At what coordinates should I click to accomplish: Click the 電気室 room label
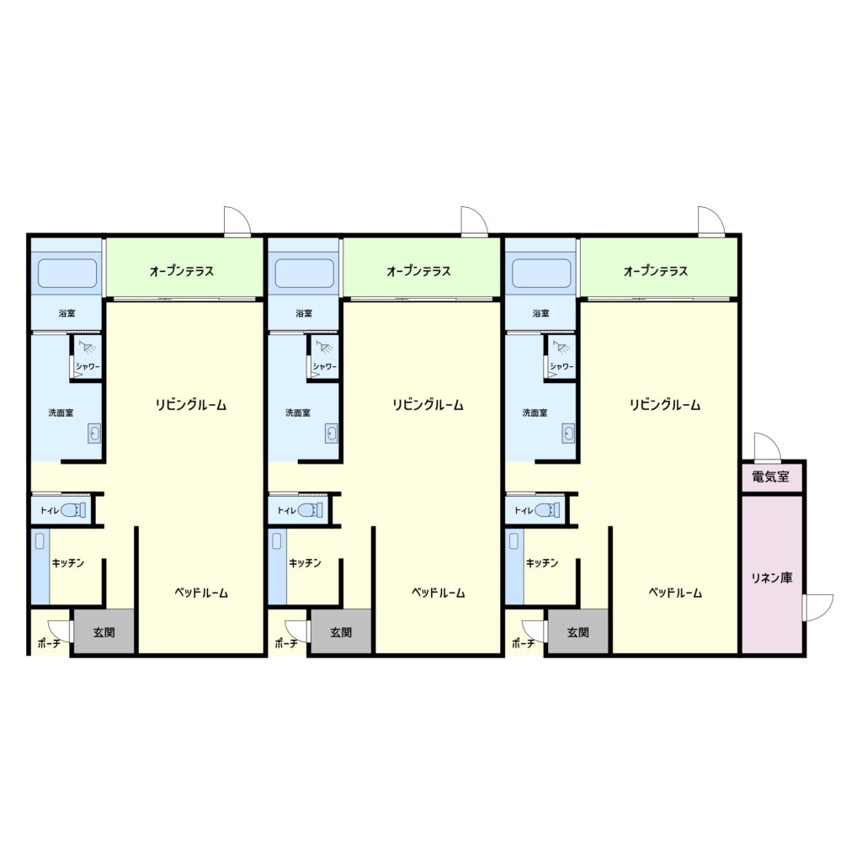770,476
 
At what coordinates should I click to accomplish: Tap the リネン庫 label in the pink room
772,577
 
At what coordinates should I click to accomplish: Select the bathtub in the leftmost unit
67,274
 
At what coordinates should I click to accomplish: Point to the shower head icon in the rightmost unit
561,347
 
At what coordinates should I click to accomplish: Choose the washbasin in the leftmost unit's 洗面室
94,434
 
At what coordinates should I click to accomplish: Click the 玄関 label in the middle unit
341,632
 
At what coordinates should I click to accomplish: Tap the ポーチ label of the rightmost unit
523,643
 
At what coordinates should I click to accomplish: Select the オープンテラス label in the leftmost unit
182,271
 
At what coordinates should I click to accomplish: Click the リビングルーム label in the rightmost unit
665,405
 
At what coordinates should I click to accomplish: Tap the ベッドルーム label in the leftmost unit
201,593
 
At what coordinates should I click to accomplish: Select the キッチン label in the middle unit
305,563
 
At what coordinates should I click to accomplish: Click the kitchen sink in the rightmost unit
514,541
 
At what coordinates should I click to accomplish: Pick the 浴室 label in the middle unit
304,313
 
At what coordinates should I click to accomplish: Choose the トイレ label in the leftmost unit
50,511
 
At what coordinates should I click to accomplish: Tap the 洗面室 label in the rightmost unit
535,412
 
